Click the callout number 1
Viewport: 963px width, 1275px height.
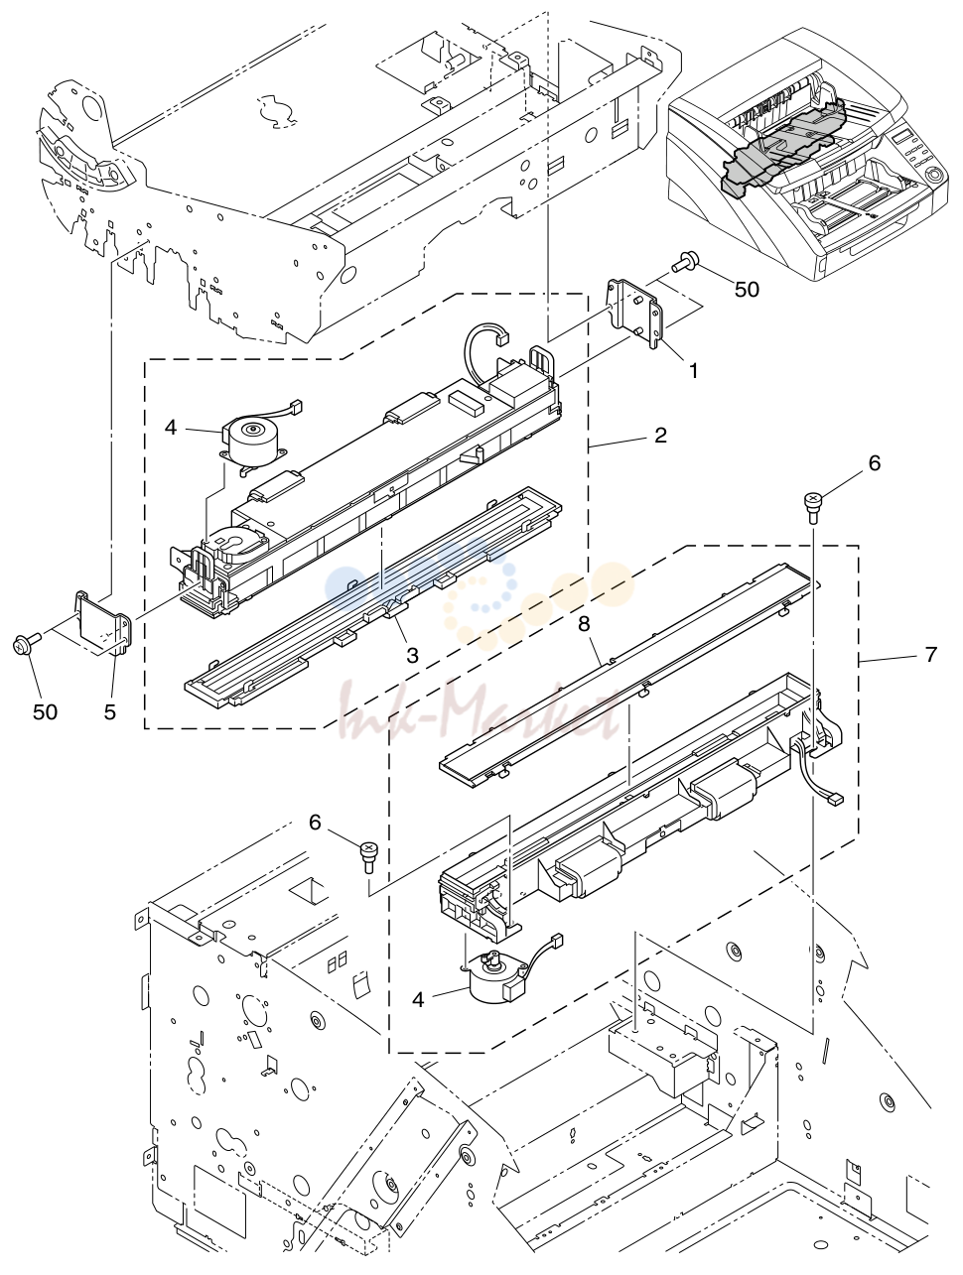coord(693,371)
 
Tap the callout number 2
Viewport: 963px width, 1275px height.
coord(660,435)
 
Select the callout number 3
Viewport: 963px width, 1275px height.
coord(412,655)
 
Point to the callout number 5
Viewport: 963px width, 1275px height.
coord(110,712)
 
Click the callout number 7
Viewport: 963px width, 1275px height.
coord(931,654)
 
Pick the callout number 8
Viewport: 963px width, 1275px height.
coord(584,624)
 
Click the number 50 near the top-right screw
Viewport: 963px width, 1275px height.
coord(747,289)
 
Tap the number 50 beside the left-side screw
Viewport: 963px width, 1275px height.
coord(45,712)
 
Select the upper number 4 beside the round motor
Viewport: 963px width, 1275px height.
coord(171,428)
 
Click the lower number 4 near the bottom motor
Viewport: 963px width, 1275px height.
coord(418,1000)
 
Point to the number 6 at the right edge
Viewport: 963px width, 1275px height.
coord(875,463)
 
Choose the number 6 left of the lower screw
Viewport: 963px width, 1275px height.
coord(315,823)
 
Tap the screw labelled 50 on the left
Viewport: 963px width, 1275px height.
coord(26,642)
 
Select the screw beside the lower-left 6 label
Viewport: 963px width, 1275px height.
coord(367,856)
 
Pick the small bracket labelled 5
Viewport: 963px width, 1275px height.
coord(103,623)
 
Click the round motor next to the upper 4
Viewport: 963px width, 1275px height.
coord(250,440)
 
